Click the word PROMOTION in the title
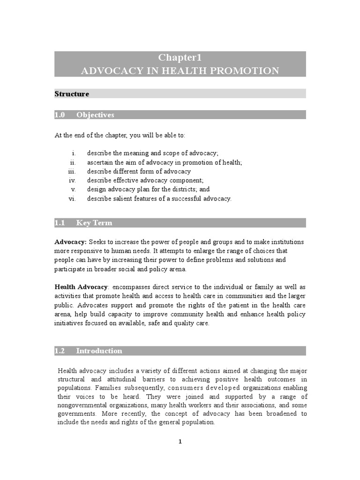(x=248, y=71)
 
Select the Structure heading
(x=72, y=94)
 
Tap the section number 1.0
(x=60, y=115)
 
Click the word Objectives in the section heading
(x=95, y=115)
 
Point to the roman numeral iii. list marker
(x=72, y=172)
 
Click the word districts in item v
(x=177, y=189)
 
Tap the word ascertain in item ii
(x=100, y=163)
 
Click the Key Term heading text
(x=94, y=223)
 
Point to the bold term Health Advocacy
(x=81, y=286)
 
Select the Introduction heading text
(x=99, y=351)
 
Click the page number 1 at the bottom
(x=180, y=442)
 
